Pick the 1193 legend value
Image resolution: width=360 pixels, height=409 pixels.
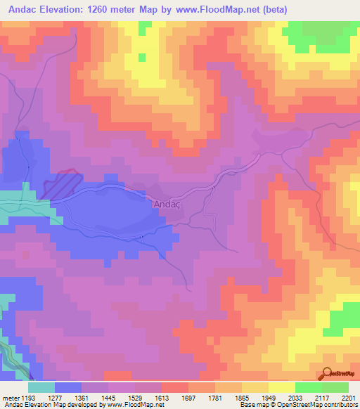tap(28, 398)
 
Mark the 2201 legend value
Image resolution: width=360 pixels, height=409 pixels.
tap(349, 398)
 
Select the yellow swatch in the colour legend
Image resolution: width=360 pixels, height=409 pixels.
tap(281, 387)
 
